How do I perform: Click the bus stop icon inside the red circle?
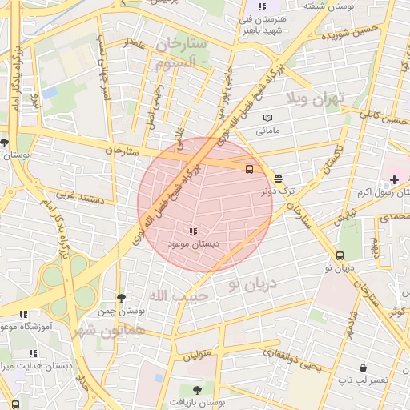249,169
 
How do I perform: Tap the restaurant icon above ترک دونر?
278,179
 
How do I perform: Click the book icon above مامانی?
267,119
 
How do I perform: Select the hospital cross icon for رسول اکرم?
393,179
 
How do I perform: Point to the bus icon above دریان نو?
340,256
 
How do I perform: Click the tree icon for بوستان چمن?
121,298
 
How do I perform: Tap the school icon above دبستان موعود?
192,231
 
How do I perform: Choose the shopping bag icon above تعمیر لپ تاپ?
363,368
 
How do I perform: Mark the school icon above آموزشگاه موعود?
23,315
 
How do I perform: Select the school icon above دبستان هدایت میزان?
33,353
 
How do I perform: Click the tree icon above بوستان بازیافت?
197,390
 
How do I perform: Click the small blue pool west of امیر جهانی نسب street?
50,94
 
